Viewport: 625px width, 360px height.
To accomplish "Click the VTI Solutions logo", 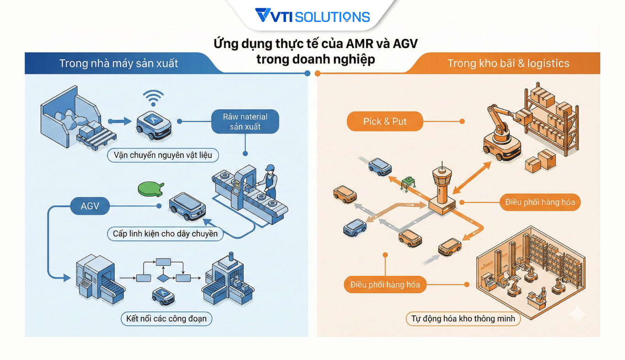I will click(312, 16).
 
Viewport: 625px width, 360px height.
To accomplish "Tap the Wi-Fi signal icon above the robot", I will click(153, 97).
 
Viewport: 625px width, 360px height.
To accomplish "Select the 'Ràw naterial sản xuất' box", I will click(245, 121).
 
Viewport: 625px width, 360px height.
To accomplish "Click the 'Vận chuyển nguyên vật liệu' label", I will click(163, 155).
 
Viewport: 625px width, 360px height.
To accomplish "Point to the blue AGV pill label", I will click(90, 206).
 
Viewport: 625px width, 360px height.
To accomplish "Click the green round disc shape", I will click(150, 189).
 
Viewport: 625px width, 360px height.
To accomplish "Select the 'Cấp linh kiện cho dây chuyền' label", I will click(165, 234).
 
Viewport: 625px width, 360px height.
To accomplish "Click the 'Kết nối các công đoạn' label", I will click(167, 318).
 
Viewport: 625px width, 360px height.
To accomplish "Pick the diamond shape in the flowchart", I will click(163, 278).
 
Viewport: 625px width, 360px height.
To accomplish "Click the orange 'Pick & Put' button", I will click(385, 121).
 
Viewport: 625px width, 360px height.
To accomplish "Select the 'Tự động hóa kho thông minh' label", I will click(463, 318).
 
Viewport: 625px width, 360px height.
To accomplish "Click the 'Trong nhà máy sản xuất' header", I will click(119, 63).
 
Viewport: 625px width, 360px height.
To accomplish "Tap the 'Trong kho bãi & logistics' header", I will click(508, 63).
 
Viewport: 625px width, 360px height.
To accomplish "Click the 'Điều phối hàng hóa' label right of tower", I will click(540, 202).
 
